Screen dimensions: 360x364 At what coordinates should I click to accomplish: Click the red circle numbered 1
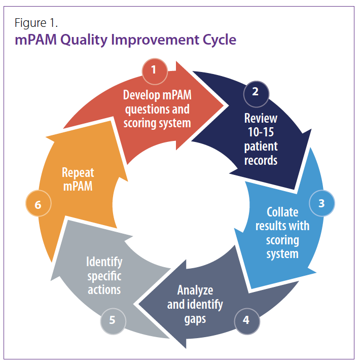pos(155,71)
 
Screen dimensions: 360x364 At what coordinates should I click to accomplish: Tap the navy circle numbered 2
pos(256,94)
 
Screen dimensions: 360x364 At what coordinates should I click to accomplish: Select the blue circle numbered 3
pos(321,203)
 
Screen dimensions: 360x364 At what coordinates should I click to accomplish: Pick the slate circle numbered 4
pos(247,321)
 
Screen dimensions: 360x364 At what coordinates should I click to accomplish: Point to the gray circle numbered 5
pos(113,321)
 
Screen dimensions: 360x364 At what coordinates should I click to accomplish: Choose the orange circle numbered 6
pos(39,203)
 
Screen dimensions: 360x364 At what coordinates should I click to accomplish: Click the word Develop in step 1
pos(141,95)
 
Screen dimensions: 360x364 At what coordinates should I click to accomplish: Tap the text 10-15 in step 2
pos(261,132)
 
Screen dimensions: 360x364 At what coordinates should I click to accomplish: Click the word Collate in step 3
pos(282,212)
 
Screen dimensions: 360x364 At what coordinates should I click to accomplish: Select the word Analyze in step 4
pos(195,290)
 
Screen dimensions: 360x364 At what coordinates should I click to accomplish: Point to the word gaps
pos(195,319)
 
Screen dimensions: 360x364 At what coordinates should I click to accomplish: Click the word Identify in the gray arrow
pos(104,262)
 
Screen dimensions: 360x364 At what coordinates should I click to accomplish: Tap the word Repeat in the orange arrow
pos(78,173)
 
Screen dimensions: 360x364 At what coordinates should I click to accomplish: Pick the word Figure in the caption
pos(30,23)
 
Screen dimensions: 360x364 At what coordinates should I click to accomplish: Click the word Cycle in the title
pos(220,40)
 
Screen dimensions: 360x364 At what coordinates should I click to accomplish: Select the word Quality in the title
pos(84,40)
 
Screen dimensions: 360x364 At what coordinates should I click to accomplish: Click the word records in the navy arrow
pos(261,161)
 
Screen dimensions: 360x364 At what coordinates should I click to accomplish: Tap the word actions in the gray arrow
pos(104,290)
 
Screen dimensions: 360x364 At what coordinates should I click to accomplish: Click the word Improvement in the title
pos(155,40)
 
